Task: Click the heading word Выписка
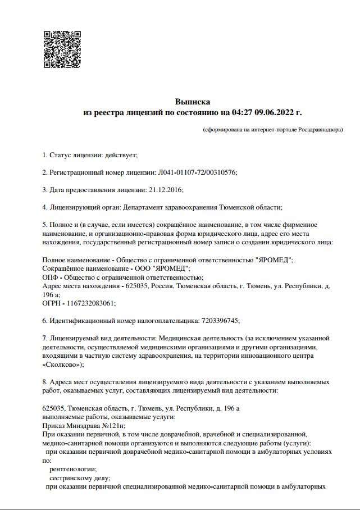point(193,102)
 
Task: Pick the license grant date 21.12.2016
point(166,189)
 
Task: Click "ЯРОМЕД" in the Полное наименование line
point(274,259)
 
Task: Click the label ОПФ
point(51,277)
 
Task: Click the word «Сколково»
point(62,365)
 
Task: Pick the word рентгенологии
point(73,469)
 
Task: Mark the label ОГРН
point(52,303)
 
